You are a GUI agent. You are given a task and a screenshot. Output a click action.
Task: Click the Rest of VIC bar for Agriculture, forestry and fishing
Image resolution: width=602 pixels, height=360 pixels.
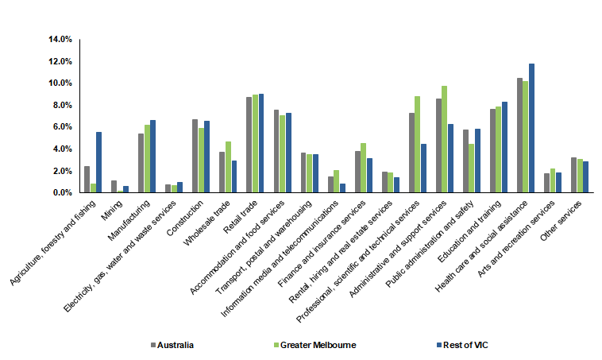[x=98, y=162]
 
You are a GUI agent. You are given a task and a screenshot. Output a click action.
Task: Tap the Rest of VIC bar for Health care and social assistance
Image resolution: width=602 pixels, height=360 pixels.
[x=532, y=128]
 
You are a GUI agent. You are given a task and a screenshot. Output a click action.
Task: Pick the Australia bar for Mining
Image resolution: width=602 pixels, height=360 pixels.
[x=114, y=187]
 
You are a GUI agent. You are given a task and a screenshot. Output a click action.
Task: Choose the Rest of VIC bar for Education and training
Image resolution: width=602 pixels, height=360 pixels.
[x=505, y=147]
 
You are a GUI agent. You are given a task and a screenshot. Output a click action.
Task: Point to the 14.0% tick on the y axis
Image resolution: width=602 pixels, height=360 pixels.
[x=61, y=39]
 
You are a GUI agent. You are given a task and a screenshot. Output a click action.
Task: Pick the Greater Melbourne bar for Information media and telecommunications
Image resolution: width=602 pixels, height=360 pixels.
[x=337, y=181]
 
